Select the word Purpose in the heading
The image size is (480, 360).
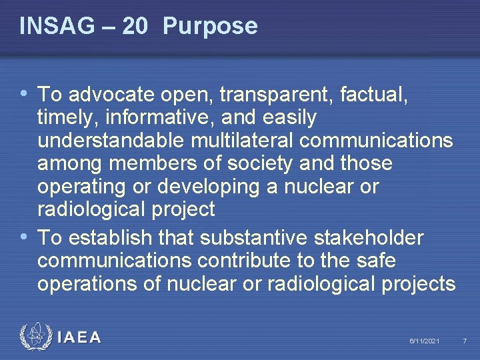pyautogui.click(x=209, y=26)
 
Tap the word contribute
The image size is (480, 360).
pyautogui.click(x=275, y=260)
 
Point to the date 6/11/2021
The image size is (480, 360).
pyautogui.click(x=424, y=341)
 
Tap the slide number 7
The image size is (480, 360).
pyautogui.click(x=465, y=341)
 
